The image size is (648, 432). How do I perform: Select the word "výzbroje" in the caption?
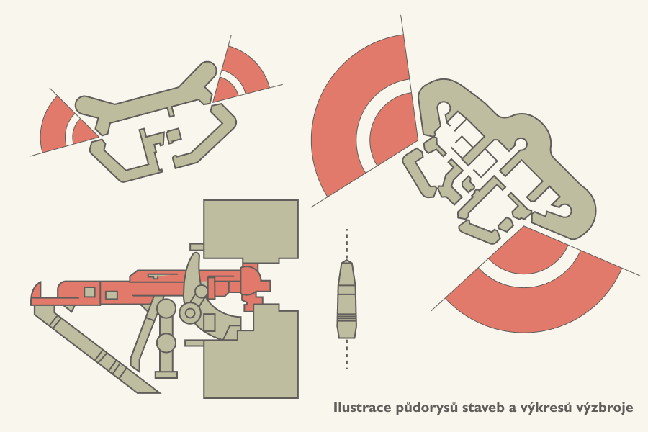tap(606, 408)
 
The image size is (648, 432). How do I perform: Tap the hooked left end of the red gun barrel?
tap(36, 294)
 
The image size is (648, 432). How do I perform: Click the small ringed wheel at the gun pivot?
tap(190, 312)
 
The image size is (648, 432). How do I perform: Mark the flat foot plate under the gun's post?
tap(166, 374)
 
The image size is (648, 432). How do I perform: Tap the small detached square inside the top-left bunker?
tap(174, 135)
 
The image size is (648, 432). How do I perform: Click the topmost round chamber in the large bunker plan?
tap(444, 108)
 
